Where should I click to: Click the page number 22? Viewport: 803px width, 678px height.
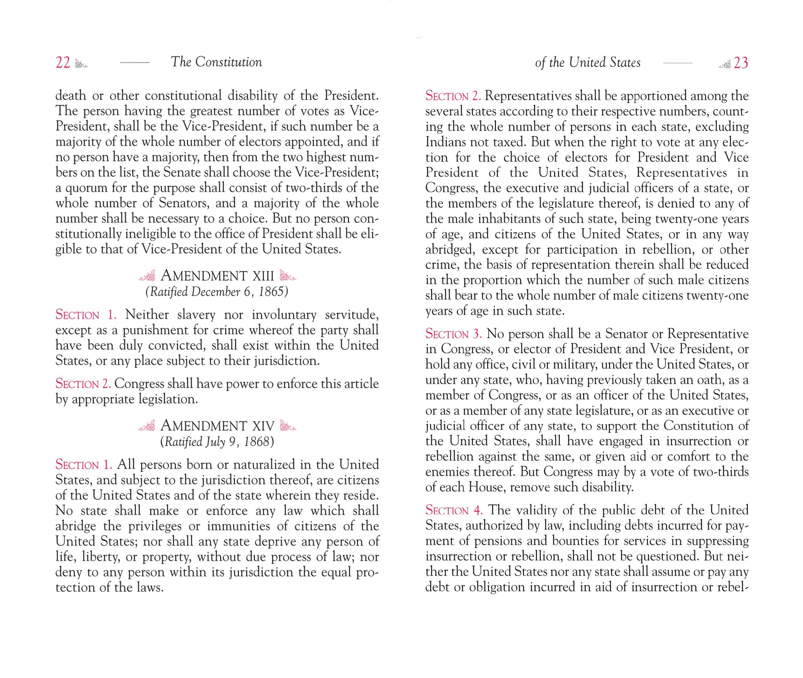pyautogui.click(x=63, y=63)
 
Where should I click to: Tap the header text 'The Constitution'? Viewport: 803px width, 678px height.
pyautogui.click(x=216, y=62)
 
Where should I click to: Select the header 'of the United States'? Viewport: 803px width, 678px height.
pyautogui.click(x=588, y=63)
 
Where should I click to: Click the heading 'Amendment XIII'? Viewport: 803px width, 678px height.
pyautogui.click(x=217, y=276)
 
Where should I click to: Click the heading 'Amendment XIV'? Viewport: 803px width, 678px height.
pyautogui.click(x=217, y=426)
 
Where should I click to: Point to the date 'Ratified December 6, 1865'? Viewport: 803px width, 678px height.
pyautogui.click(x=217, y=292)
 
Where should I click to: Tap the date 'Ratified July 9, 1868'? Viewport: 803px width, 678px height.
pyautogui.click(x=217, y=442)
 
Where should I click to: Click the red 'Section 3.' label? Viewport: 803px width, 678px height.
pyautogui.click(x=453, y=334)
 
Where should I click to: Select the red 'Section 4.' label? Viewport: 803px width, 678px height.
pyautogui.click(x=454, y=510)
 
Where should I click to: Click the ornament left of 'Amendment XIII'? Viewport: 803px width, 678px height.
pyautogui.click(x=147, y=276)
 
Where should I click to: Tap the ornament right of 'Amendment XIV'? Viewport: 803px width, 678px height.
pyautogui.click(x=288, y=426)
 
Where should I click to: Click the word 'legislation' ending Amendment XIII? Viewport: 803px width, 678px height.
pyautogui.click(x=168, y=399)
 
